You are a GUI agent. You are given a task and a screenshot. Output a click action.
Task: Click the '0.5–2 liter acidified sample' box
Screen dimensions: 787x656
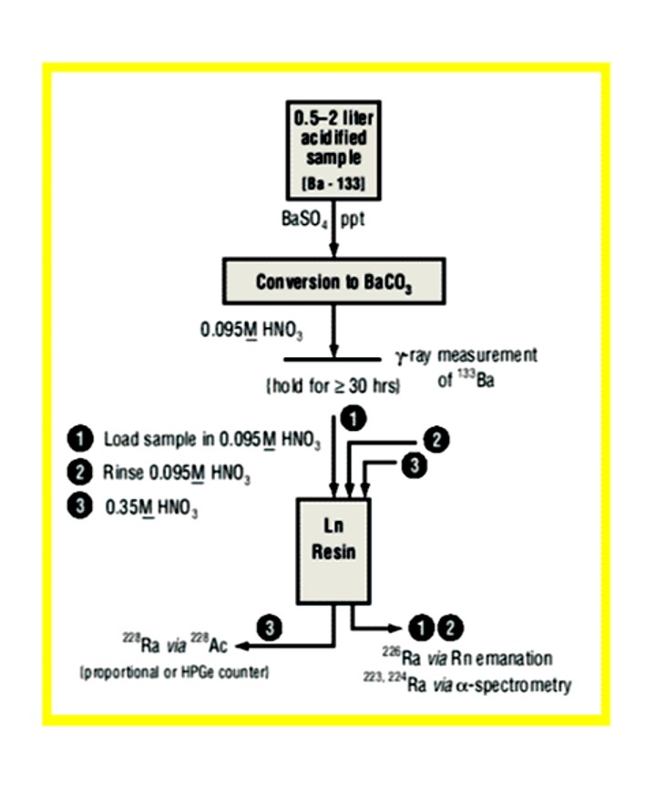[333, 151]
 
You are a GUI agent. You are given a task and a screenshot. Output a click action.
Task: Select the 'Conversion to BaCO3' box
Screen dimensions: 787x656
[333, 281]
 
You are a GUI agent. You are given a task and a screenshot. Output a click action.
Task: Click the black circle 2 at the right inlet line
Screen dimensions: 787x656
[437, 440]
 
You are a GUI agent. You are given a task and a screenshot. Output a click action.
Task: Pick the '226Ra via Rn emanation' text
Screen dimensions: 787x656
[467, 657]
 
